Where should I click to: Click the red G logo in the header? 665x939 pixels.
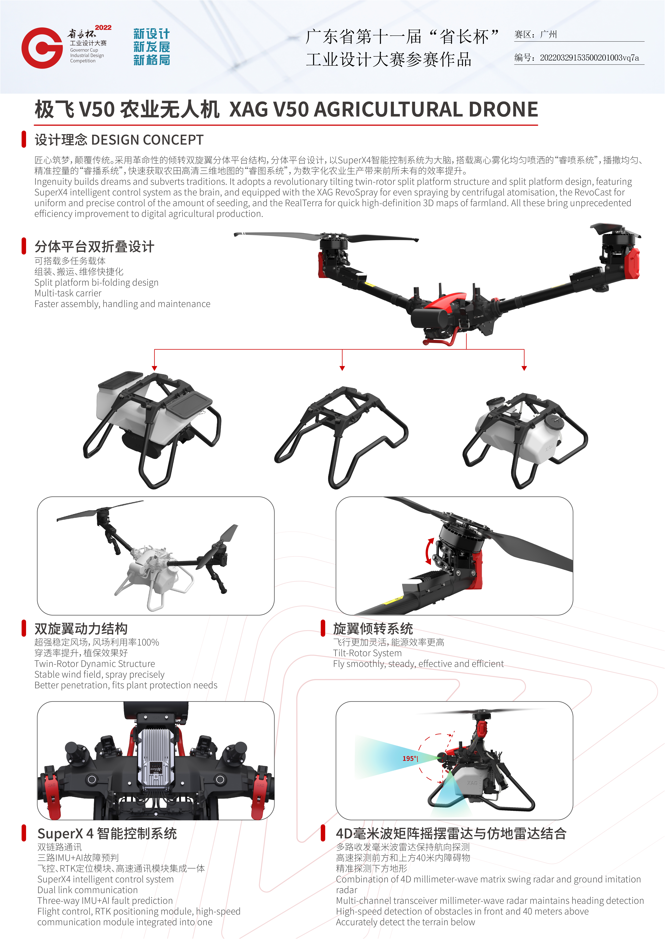(42, 48)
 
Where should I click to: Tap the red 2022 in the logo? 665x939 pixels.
(103, 27)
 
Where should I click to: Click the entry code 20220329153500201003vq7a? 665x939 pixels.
(589, 58)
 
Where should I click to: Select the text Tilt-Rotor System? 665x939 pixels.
(367, 653)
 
